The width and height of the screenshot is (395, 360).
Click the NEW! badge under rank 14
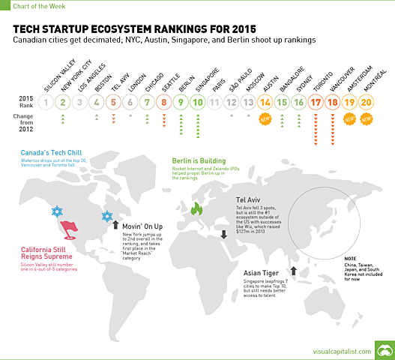[x=265, y=118]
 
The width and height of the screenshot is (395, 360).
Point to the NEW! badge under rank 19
[x=349, y=118]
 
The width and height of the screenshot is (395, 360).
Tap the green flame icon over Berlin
[x=196, y=209]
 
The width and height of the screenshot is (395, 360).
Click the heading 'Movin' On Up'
[x=143, y=225]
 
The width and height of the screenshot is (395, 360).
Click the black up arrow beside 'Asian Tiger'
[x=295, y=271]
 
